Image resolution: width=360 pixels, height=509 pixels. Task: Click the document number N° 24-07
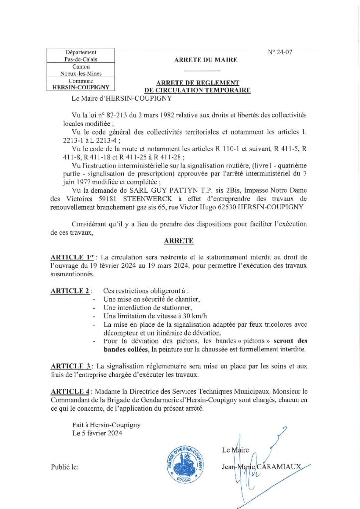[x=280, y=51]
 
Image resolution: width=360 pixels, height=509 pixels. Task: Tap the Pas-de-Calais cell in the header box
[x=81, y=59]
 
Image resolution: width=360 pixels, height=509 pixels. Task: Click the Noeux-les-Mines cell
[x=81, y=74]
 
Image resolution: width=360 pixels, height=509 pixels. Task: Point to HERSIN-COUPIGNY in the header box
[x=81, y=87]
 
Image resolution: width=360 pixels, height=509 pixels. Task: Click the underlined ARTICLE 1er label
[x=73, y=257]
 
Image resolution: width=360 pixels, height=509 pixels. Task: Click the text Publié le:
[x=65, y=468]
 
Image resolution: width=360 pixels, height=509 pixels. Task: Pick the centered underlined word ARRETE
[x=178, y=241]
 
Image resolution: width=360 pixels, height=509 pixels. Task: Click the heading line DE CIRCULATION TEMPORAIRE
[x=197, y=90]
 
